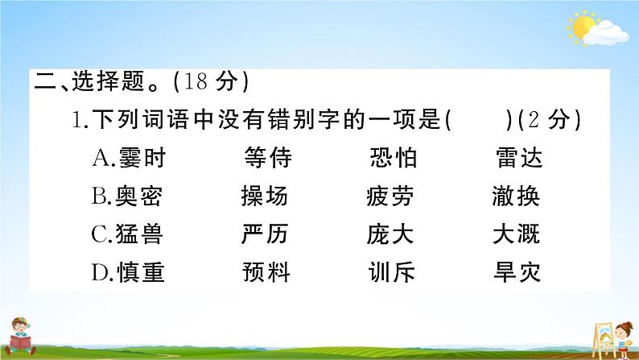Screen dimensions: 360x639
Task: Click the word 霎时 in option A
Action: click(141, 159)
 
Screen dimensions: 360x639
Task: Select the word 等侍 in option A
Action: click(266, 159)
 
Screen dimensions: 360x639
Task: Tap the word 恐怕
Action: click(393, 159)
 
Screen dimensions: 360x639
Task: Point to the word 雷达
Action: click(519, 159)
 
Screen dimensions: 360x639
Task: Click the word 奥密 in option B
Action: click(141, 197)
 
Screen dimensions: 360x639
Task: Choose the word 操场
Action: click(264, 197)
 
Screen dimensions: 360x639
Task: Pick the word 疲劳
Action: click(390, 197)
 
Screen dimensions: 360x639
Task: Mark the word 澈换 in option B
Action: click(516, 197)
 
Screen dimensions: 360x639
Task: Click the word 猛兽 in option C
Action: click(141, 234)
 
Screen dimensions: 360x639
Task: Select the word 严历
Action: click(264, 234)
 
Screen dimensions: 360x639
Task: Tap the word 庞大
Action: click(390, 234)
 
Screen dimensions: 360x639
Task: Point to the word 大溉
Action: click(516, 234)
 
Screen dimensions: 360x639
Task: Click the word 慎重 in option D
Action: click(141, 272)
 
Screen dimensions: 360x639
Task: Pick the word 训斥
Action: click(391, 272)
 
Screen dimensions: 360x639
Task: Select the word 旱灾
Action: click(517, 272)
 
